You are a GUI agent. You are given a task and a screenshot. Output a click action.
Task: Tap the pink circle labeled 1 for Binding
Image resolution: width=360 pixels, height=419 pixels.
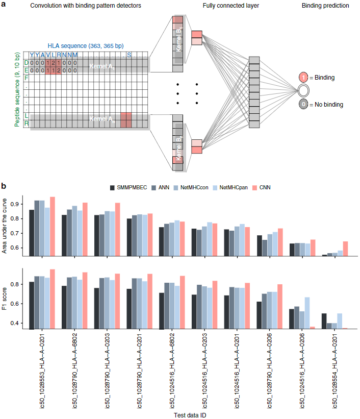pos(304,78)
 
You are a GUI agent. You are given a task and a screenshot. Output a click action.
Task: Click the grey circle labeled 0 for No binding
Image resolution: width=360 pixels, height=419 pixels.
pos(304,104)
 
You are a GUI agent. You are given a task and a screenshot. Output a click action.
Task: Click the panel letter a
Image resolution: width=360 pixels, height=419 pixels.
pos(4,6)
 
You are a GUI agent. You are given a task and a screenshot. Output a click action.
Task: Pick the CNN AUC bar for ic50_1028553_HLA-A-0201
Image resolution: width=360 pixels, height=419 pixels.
pos(53,226)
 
